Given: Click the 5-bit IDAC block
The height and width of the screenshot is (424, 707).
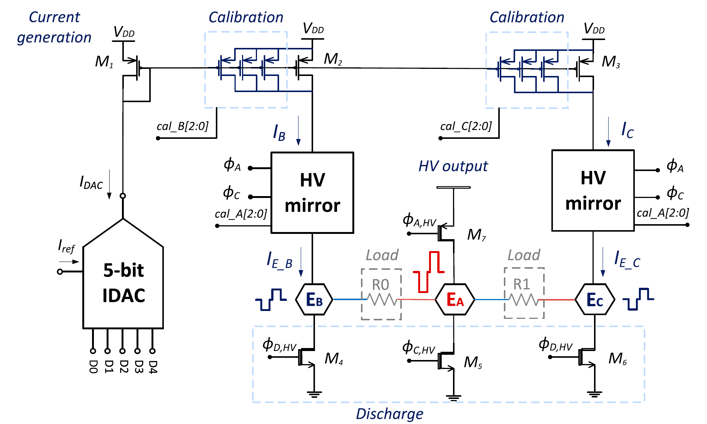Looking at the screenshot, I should [x=123, y=283].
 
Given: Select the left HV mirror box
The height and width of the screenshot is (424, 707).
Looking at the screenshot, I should [x=312, y=193].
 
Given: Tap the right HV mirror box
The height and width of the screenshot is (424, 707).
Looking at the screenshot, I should [x=593, y=190].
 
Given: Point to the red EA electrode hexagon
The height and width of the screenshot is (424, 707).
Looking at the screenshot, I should [x=455, y=300].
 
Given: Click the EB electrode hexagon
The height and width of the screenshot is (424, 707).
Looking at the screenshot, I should [x=314, y=300].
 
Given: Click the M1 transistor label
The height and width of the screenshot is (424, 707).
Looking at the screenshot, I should [x=104, y=62].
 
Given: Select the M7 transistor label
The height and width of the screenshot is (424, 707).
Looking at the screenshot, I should [x=476, y=235].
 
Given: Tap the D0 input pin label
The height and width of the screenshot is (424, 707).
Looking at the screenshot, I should [x=93, y=367].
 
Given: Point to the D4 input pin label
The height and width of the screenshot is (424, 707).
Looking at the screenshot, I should [x=153, y=367].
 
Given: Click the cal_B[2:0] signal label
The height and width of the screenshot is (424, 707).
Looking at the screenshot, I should [x=183, y=126].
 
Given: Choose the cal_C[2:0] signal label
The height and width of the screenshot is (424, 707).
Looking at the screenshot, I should [x=466, y=126].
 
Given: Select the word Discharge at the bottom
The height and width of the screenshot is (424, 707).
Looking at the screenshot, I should [x=389, y=414].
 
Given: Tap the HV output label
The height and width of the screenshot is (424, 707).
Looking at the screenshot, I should [x=453, y=166].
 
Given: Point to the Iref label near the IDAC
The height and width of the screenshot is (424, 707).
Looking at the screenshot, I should [x=66, y=247].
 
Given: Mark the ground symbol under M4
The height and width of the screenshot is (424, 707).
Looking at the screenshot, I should [x=314, y=394].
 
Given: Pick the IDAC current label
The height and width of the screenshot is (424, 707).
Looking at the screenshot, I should [x=91, y=183].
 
